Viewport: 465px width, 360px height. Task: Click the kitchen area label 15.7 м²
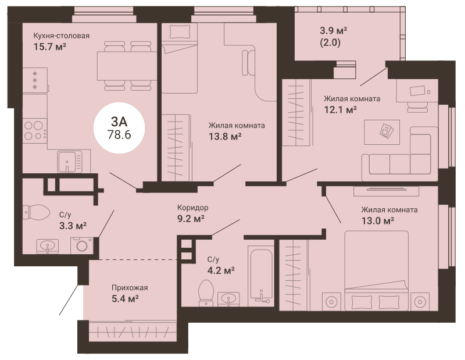(49, 47)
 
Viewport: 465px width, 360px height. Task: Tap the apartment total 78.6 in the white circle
(119, 135)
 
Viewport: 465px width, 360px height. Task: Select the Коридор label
(193, 208)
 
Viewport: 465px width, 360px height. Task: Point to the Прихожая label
(130, 287)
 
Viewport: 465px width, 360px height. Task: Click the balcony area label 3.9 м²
(333, 30)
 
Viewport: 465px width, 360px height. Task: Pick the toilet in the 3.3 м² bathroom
(36, 212)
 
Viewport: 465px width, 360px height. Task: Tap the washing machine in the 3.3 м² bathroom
(81, 245)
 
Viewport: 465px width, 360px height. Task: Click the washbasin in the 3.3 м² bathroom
(48, 246)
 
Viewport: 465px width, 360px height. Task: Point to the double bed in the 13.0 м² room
(377, 270)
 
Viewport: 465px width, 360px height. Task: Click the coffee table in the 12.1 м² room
(382, 132)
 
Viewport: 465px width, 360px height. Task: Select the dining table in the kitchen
(127, 66)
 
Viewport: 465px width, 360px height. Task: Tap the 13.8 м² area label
(225, 137)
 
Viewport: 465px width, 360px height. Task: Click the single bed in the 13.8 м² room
(180, 59)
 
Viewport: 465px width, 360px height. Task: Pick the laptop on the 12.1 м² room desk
(418, 91)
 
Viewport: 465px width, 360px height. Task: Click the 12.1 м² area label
(340, 110)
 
